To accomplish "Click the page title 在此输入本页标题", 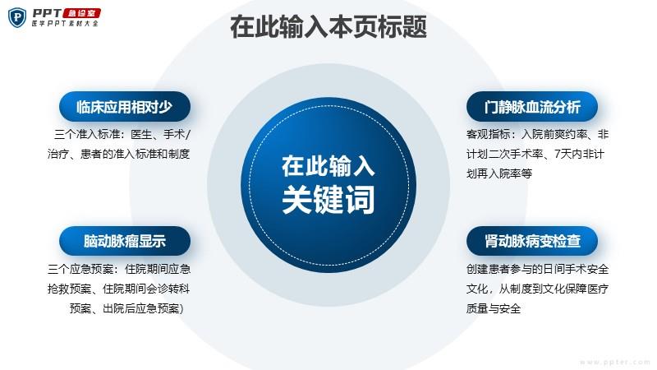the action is pyautogui.click(x=328, y=27).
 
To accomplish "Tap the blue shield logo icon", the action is pyautogui.click(x=17, y=17).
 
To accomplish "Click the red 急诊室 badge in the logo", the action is pyautogui.click(x=81, y=13).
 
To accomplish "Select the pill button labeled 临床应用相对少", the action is pyautogui.click(x=125, y=107).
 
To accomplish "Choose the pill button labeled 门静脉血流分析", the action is pyautogui.click(x=532, y=107).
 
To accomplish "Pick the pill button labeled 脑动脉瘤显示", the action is pyautogui.click(x=125, y=241).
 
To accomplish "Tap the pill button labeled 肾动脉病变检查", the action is pyautogui.click(x=532, y=241).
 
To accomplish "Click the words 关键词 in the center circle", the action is pyautogui.click(x=328, y=200).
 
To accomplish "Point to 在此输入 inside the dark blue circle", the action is pyautogui.click(x=328, y=166).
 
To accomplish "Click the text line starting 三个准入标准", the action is pyautogui.click(x=122, y=134).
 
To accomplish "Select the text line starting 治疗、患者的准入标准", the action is pyautogui.click(x=118, y=154).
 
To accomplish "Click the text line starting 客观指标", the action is pyautogui.click(x=538, y=134).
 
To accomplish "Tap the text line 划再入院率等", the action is pyautogui.click(x=499, y=173).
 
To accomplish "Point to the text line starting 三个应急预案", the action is pyautogui.click(x=119, y=269).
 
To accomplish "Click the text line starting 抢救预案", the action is pyautogui.click(x=118, y=289).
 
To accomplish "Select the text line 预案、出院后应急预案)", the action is pyautogui.click(x=126, y=308).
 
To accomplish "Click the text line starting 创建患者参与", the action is pyautogui.click(x=538, y=269).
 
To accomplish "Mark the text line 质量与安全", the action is pyautogui.click(x=494, y=308).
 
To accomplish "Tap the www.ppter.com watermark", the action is pyautogui.click(x=615, y=362).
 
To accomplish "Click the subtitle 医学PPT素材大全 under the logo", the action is pyautogui.click(x=65, y=24).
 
